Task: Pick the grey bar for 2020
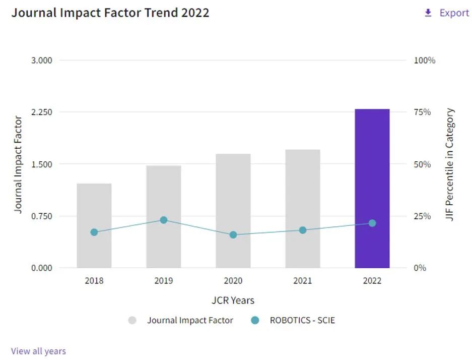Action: click(x=233, y=202)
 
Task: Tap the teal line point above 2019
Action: click(x=164, y=220)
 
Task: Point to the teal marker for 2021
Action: click(x=303, y=230)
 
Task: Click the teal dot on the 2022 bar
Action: click(x=372, y=223)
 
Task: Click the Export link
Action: click(x=454, y=13)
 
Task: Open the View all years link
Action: click(x=38, y=351)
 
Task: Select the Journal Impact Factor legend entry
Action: click(x=190, y=320)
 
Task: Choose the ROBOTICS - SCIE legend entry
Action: click(x=302, y=320)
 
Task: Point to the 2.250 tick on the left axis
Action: click(x=42, y=112)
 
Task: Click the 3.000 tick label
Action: click(x=42, y=61)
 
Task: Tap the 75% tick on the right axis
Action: click(x=422, y=112)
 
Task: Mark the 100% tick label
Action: click(x=424, y=61)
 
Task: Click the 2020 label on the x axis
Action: click(x=233, y=281)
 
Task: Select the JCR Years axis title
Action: click(x=233, y=301)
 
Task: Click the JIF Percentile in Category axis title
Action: click(x=450, y=164)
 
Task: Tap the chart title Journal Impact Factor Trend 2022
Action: click(x=110, y=13)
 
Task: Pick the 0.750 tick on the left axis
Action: click(x=42, y=216)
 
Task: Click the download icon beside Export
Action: click(x=428, y=13)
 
